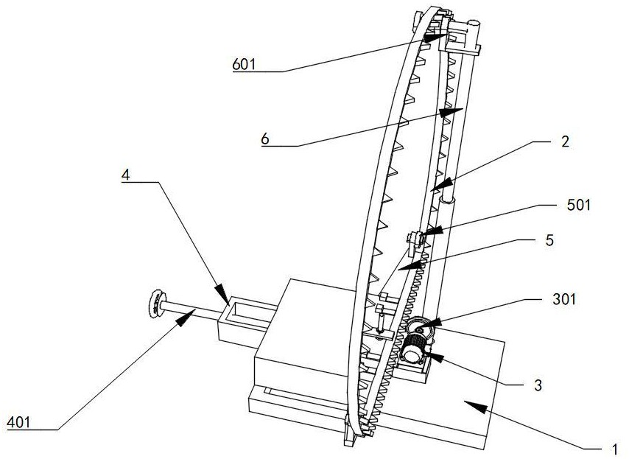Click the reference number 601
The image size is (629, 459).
click(x=243, y=64)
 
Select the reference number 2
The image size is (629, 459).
click(x=565, y=143)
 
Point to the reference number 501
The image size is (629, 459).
click(x=580, y=206)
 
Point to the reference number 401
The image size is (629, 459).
click(x=18, y=422)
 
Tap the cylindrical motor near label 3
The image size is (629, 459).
click(x=415, y=346)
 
